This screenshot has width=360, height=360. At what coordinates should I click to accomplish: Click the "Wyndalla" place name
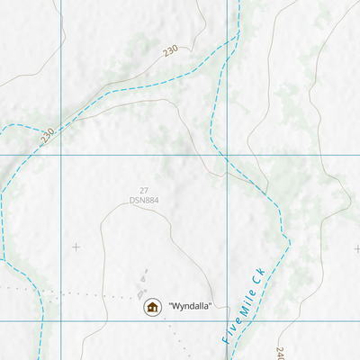coord(189,307)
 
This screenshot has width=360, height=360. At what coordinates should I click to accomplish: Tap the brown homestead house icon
coord(152,308)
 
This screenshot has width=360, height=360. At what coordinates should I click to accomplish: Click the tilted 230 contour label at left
coord(47,137)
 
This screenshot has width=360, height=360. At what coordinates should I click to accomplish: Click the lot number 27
coord(143,190)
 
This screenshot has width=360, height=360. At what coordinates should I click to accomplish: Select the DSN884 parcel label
coord(143,200)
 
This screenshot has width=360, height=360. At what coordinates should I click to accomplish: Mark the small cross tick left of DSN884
coord(76,247)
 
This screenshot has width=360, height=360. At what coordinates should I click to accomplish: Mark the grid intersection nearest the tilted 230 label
coord(61,155)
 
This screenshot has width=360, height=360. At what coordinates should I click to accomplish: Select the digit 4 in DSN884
coord(156,200)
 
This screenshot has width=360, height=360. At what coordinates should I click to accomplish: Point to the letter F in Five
coord(225,341)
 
